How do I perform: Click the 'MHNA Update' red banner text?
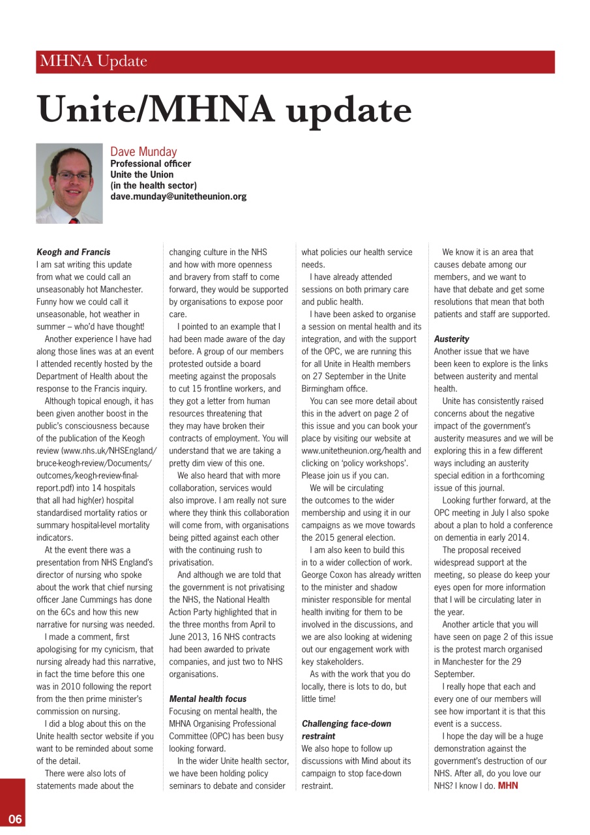point(93,62)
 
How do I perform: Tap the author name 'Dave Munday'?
point(143,152)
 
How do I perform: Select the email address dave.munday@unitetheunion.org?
point(178,196)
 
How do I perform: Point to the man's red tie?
point(73,220)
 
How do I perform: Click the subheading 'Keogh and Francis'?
point(74,252)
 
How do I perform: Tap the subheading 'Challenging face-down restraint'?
point(346,730)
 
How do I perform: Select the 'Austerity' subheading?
point(451,339)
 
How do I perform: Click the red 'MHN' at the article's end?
point(508,786)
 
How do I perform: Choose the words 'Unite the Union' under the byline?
point(141,175)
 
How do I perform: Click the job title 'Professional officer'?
point(151,164)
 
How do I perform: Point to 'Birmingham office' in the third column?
point(333,389)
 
